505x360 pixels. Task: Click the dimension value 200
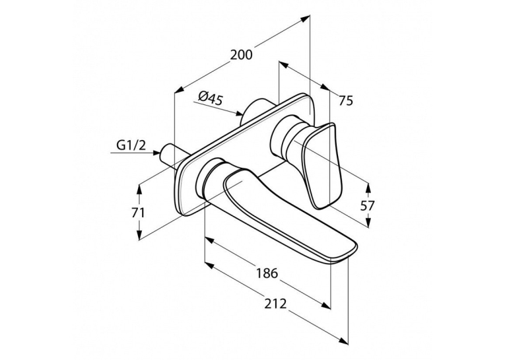click(242, 55)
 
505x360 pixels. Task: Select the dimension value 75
click(346, 101)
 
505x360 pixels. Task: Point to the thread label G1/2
click(131, 145)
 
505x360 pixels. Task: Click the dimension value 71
click(139, 213)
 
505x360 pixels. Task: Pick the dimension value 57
click(368, 205)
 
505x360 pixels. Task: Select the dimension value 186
click(267, 273)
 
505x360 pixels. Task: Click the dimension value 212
click(275, 303)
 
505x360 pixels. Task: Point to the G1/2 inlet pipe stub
click(170, 154)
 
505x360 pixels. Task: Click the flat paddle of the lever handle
click(321, 165)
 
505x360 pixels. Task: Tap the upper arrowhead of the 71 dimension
click(139, 188)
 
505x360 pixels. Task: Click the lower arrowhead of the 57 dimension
click(369, 222)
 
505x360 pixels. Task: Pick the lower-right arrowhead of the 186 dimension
click(326, 305)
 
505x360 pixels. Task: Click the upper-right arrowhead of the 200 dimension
click(306, 18)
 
